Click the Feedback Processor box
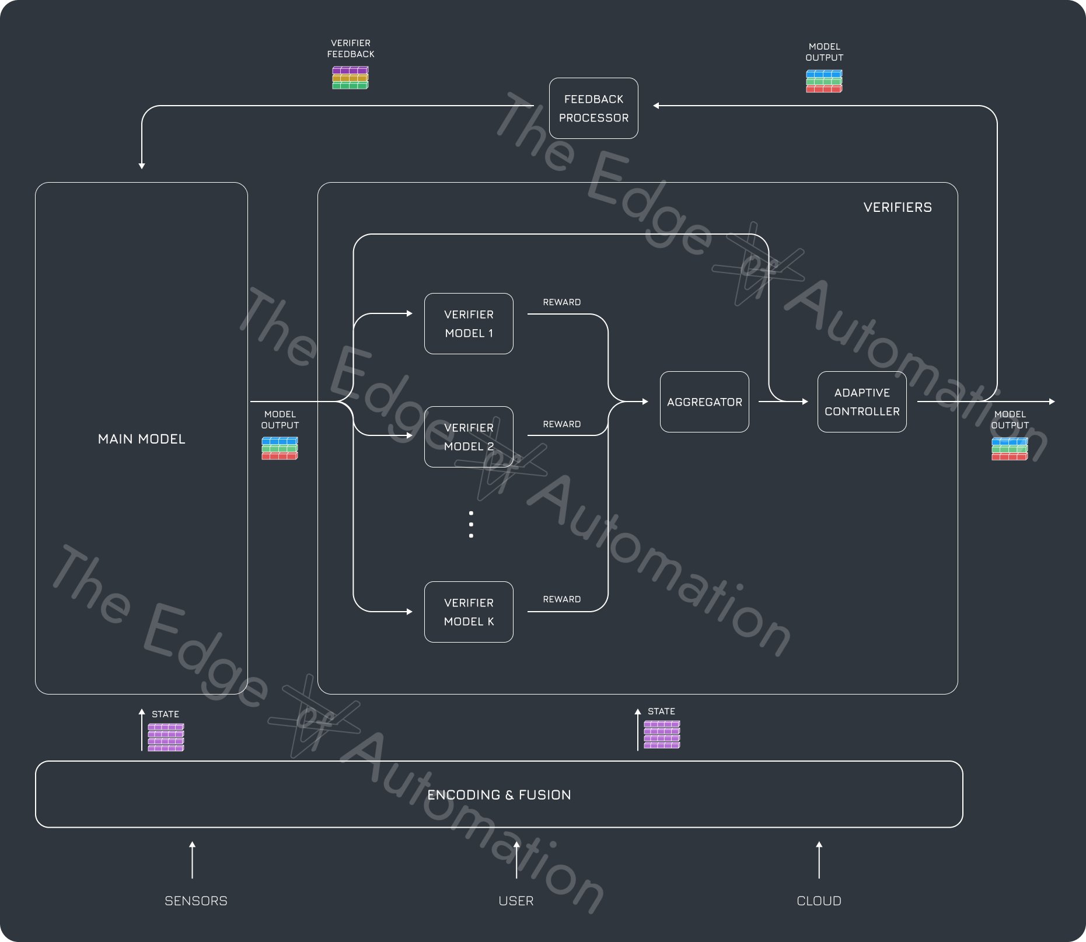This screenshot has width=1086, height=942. pos(593,108)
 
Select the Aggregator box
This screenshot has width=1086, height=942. pos(704,402)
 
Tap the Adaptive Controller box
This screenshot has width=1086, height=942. pos(862,402)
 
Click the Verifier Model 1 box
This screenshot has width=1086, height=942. pos(469,323)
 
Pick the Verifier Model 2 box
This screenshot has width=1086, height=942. pos(469,437)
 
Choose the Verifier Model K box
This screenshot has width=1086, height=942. pos(469,612)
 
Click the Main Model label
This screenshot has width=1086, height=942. pos(141,439)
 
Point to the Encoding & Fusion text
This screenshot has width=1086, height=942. pos(499,794)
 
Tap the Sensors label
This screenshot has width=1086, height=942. pos(196,901)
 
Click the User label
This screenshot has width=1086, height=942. pos(516,901)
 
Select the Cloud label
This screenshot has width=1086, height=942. pos(819,901)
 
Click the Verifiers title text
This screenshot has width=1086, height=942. pos(898,207)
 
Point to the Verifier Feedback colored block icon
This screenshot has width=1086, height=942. pos(350,78)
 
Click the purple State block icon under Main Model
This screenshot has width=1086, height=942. pos(166,737)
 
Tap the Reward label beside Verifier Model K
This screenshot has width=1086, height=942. pos(561,599)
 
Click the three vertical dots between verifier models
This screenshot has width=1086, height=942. pos(471,524)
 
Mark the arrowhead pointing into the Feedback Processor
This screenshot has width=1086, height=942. pos(657,106)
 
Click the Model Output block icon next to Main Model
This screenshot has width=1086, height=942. pos(280,448)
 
